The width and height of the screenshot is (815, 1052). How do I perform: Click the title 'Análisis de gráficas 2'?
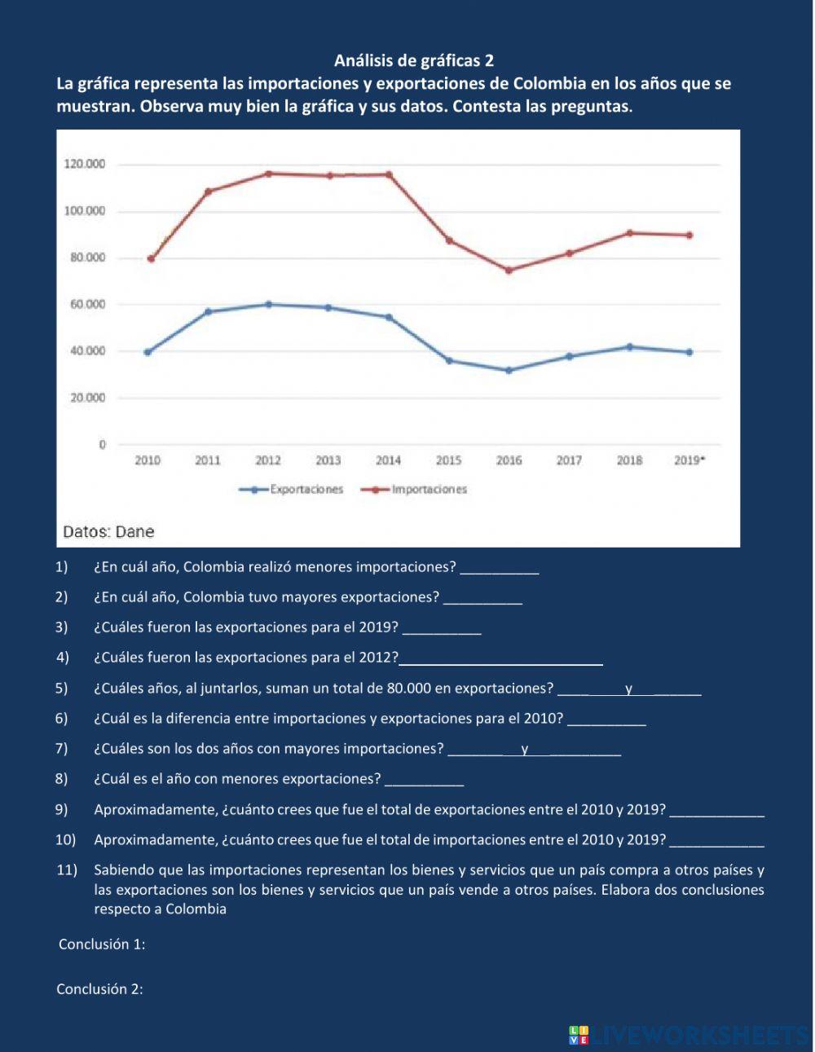[414, 60]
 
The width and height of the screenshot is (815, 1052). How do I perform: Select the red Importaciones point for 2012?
[268, 174]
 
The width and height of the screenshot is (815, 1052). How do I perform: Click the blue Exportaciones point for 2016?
[509, 370]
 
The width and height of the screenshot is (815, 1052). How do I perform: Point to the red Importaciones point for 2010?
[150, 259]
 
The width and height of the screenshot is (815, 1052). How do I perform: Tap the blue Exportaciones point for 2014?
[389, 317]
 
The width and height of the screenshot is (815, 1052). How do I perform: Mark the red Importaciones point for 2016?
[509, 271]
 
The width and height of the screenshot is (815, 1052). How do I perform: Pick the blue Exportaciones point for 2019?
[689, 352]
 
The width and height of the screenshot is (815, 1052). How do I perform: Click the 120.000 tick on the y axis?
[85, 165]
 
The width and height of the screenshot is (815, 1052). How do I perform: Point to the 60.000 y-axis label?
[85, 305]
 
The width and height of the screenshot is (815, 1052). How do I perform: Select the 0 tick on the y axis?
[102, 445]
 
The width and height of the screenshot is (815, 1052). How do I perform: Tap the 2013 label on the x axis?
[328, 460]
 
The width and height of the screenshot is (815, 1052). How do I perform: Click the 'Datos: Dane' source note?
[108, 532]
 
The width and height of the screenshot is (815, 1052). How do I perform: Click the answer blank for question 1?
[500, 568]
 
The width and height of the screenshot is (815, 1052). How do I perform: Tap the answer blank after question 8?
[424, 780]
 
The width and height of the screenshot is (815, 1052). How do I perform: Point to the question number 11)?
[66, 870]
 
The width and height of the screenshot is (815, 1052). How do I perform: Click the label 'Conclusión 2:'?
[99, 989]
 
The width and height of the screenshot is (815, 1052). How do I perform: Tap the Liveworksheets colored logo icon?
[579, 1035]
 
